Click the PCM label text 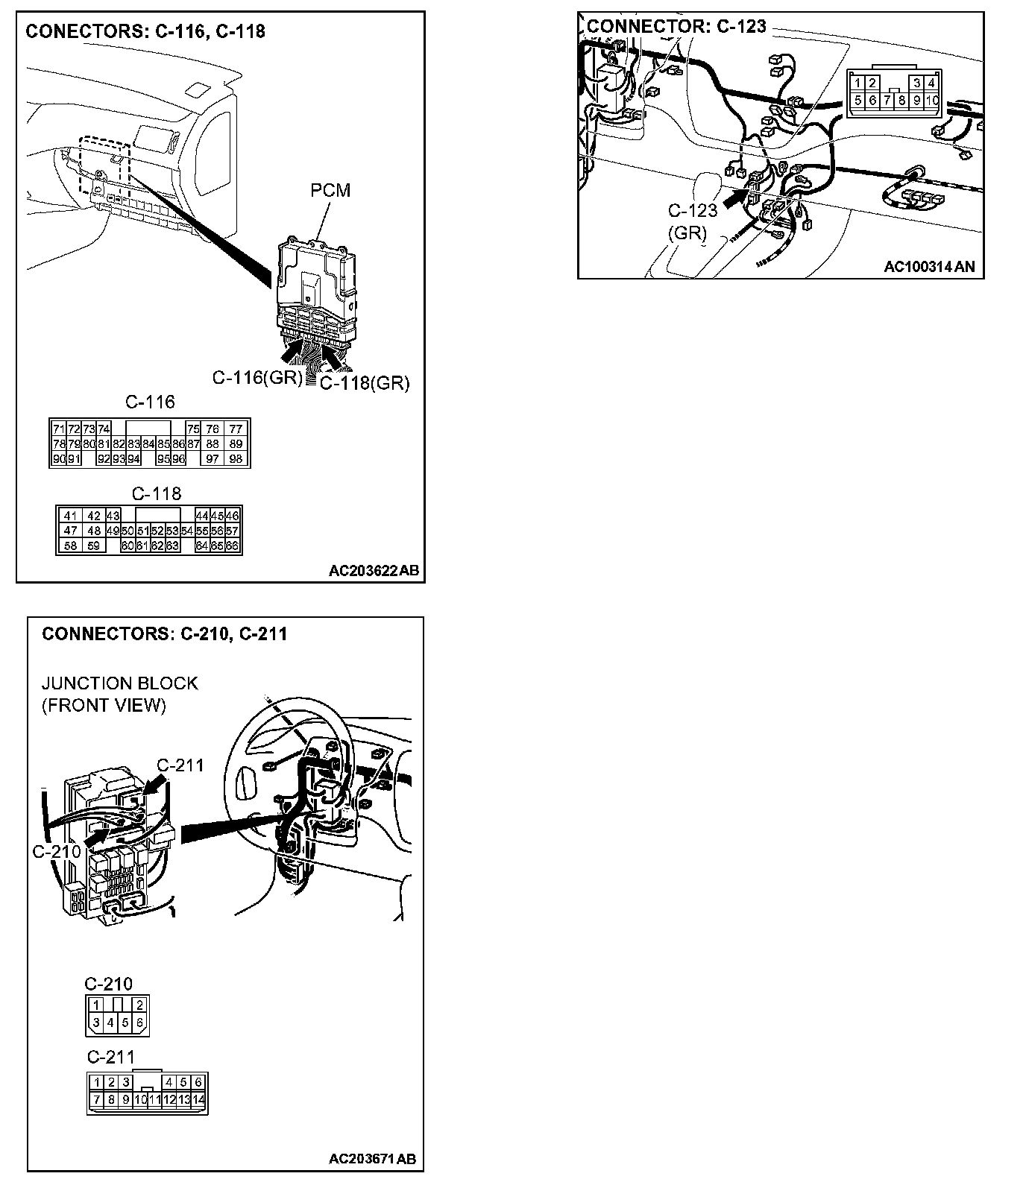pyautogui.click(x=330, y=191)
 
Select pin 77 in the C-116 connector pyautogui.click(x=236, y=429)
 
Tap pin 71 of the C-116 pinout pyautogui.click(x=59, y=429)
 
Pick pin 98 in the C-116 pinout pyautogui.click(x=236, y=459)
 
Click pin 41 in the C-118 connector pyautogui.click(x=70, y=516)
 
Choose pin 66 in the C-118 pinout pyautogui.click(x=232, y=546)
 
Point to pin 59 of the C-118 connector pyautogui.click(x=93, y=546)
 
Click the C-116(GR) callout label pyautogui.click(x=257, y=378)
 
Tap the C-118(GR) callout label pyautogui.click(x=365, y=383)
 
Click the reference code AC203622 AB pyautogui.click(x=374, y=571)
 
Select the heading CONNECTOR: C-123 pyautogui.click(x=676, y=26)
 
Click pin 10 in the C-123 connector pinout pyautogui.click(x=932, y=100)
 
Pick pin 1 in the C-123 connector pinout pyautogui.click(x=858, y=83)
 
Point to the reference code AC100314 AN pyautogui.click(x=929, y=267)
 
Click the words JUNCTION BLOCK pyautogui.click(x=119, y=683)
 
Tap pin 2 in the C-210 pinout pyautogui.click(x=139, y=1005)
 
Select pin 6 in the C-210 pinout pyautogui.click(x=139, y=1023)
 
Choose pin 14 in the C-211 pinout pyautogui.click(x=199, y=1099)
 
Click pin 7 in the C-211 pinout pyautogui.click(x=96, y=1099)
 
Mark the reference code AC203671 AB pyautogui.click(x=372, y=1159)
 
